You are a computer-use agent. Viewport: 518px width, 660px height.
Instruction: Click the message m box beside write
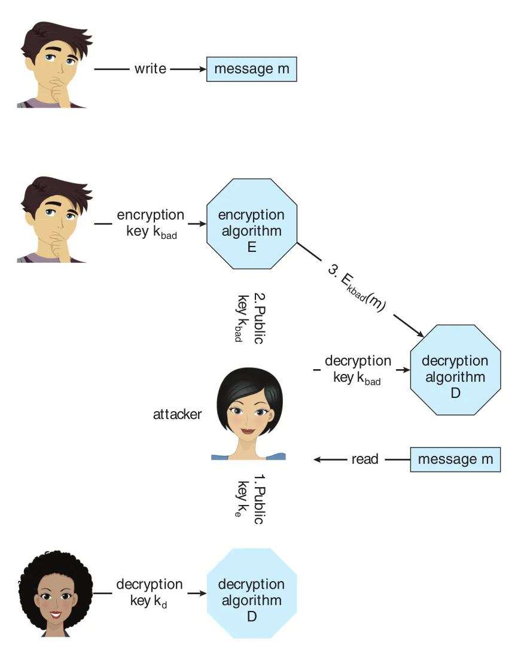[252, 69]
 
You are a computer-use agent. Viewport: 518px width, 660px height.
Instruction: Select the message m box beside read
[455, 459]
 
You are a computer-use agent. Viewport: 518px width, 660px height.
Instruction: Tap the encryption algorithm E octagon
[252, 224]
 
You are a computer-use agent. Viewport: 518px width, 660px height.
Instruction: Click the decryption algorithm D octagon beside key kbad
[455, 370]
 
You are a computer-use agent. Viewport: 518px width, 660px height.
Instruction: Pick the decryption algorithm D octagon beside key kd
[252, 594]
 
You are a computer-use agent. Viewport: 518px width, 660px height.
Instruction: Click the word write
[150, 69]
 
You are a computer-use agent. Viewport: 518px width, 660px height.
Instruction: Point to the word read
[365, 459]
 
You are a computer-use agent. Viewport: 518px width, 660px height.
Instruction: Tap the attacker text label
[177, 415]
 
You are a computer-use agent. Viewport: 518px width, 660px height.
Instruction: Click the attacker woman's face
[249, 415]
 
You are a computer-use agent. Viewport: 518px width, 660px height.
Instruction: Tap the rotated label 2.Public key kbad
[250, 318]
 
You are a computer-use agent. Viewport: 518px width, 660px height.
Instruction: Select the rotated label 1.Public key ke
[250, 499]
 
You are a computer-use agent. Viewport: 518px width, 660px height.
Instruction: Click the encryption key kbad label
[151, 224]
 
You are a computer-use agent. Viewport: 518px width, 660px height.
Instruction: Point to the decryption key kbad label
[358, 370]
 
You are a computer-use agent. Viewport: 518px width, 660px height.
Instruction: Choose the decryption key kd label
[150, 593]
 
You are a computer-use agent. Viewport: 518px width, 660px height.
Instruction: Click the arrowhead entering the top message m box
[203, 69]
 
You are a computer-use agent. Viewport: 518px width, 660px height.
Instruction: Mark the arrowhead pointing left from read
[318, 459]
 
